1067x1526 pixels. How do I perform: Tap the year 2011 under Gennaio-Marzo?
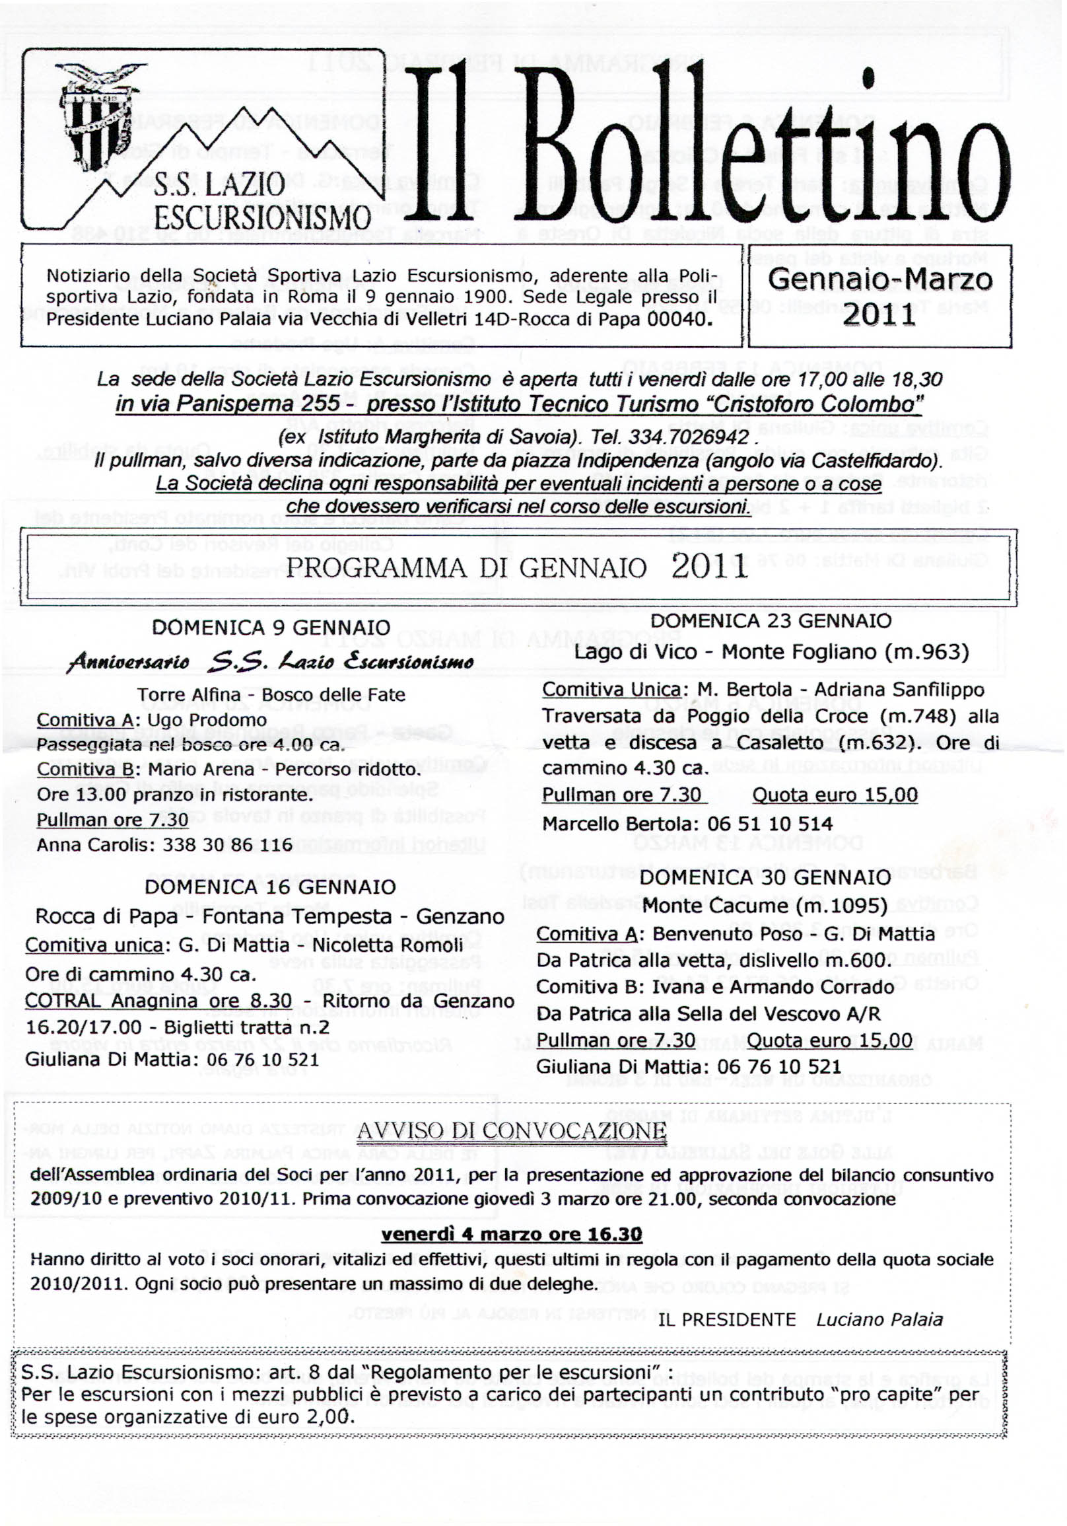point(879,314)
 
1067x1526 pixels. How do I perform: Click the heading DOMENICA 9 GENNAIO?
point(271,628)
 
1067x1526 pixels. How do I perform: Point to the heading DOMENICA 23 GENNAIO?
point(771,621)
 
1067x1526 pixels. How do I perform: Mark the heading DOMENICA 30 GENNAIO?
point(765,877)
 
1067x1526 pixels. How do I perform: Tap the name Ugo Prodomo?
point(207,720)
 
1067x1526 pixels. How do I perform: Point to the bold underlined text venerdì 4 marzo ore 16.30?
point(511,1234)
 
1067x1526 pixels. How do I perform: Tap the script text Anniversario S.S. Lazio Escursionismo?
point(271,661)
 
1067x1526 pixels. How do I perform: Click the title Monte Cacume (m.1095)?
point(765,905)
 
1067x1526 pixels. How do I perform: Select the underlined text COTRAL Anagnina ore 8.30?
point(158,1001)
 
